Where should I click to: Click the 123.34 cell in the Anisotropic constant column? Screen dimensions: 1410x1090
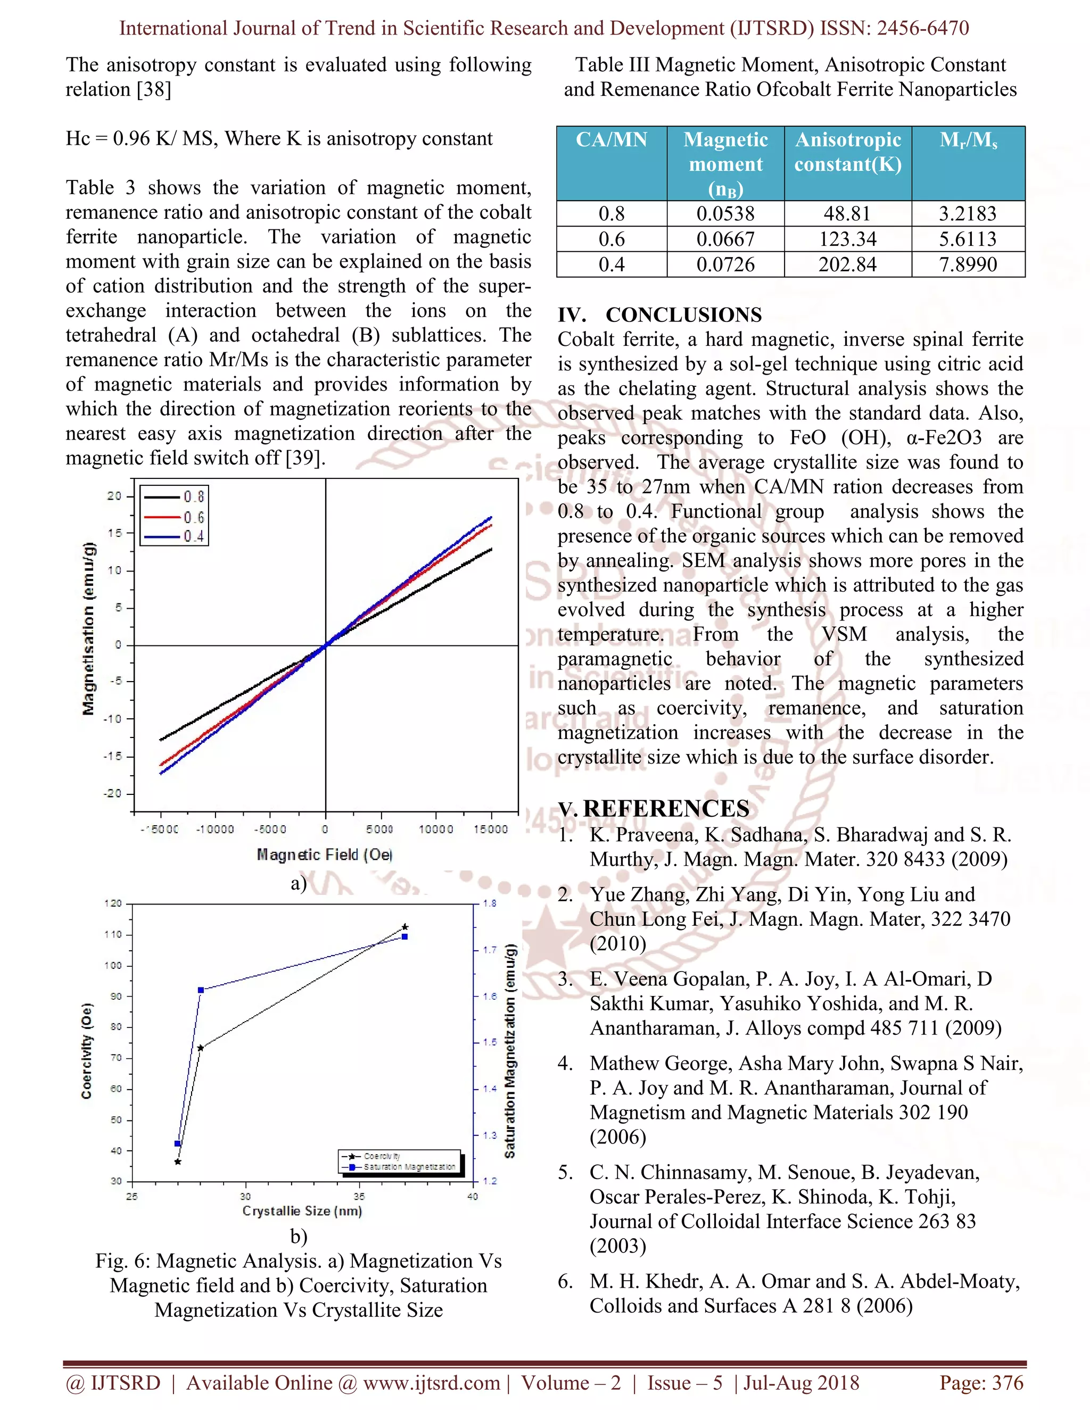pos(847,239)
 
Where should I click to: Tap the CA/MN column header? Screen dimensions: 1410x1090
pos(611,139)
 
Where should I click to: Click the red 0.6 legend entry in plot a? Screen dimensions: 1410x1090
pos(175,517)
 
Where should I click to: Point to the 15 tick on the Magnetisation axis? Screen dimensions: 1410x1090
pos(114,533)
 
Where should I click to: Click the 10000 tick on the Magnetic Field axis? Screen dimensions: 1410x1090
pos(436,829)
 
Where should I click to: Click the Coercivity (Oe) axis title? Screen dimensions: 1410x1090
pos(87,1050)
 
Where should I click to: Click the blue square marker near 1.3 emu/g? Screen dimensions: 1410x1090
pos(178,1144)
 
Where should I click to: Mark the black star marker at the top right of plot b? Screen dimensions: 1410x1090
pos(405,927)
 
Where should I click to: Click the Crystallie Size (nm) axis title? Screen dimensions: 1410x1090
pos(302,1211)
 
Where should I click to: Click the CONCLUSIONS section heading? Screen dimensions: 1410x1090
pos(683,315)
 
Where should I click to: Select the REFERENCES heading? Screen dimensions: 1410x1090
pos(666,808)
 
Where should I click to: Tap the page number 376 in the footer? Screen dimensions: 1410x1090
pos(1008,1383)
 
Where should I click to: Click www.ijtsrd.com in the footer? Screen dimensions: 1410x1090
pos(431,1383)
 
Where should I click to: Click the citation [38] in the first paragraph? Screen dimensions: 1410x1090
pos(154,89)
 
